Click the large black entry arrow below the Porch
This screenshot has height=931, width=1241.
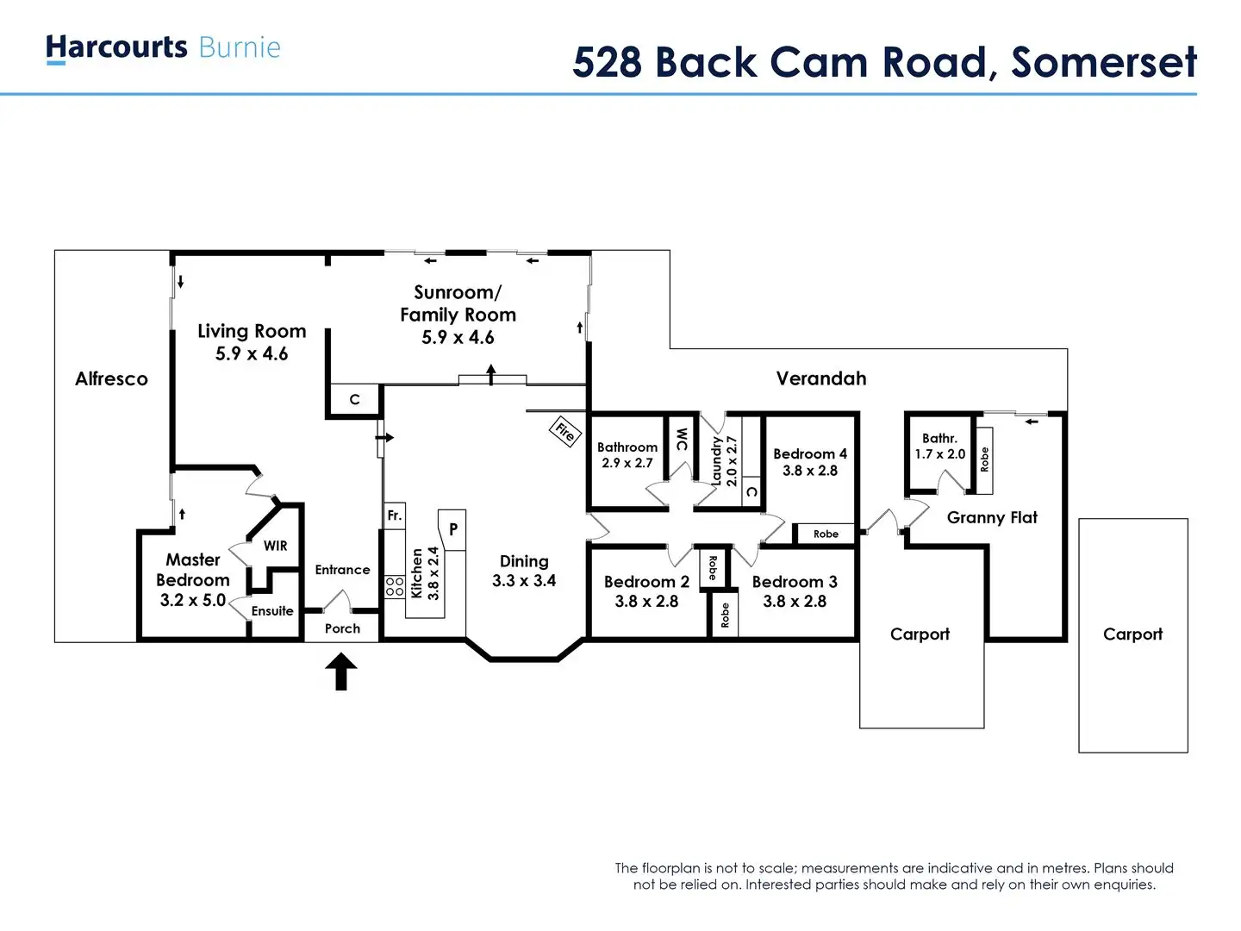(341, 672)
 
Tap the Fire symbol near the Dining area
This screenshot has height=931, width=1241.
(564, 431)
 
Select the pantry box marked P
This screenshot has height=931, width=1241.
(453, 529)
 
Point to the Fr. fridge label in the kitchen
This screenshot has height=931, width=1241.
(395, 515)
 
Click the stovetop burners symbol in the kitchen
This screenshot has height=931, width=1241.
(395, 587)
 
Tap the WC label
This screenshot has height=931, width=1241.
(681, 439)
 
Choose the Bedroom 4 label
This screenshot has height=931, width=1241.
(810, 453)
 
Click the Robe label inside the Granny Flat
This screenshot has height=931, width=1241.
(984, 459)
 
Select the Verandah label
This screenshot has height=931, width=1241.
(820, 378)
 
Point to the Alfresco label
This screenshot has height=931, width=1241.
(111, 378)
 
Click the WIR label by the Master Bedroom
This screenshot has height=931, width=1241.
(276, 546)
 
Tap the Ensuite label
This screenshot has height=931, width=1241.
(272, 611)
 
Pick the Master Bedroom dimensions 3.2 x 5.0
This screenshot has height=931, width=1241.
(193, 600)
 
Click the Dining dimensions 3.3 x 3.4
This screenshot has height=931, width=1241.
(524, 581)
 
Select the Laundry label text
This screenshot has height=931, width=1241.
(715, 461)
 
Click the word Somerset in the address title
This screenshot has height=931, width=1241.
(1104, 62)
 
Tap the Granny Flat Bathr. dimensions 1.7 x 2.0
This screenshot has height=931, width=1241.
(939, 454)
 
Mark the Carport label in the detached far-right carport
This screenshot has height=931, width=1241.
(1132, 634)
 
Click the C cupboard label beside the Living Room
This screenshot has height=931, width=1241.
(354, 400)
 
